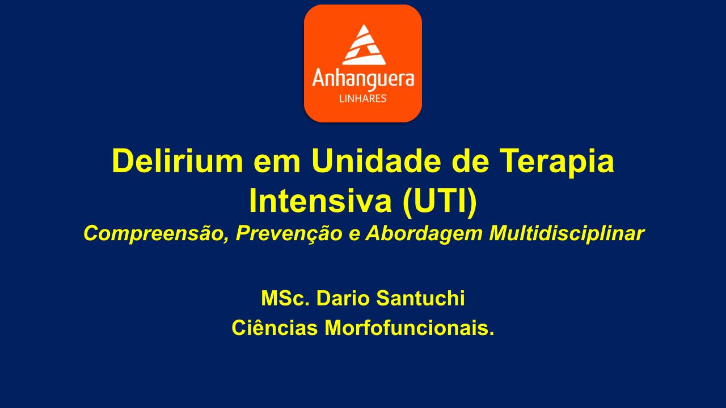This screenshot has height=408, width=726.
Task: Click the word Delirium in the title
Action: click(x=178, y=161)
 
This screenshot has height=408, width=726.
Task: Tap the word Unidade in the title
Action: click(x=376, y=161)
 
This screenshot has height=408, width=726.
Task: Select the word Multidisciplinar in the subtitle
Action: click(x=567, y=233)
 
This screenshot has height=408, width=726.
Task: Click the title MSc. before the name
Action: click(x=285, y=298)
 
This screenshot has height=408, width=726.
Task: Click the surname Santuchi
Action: click(x=420, y=298)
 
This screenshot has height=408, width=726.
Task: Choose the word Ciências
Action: click(x=275, y=328)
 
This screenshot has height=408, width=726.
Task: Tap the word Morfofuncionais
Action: click(x=410, y=328)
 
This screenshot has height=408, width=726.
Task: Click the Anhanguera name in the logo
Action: click(x=363, y=79)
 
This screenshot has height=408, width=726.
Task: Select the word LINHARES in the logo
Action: click(x=362, y=99)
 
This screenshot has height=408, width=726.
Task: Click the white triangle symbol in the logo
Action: click(x=364, y=45)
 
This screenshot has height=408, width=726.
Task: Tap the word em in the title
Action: click(x=277, y=164)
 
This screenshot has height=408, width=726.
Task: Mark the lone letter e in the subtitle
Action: click(x=354, y=236)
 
